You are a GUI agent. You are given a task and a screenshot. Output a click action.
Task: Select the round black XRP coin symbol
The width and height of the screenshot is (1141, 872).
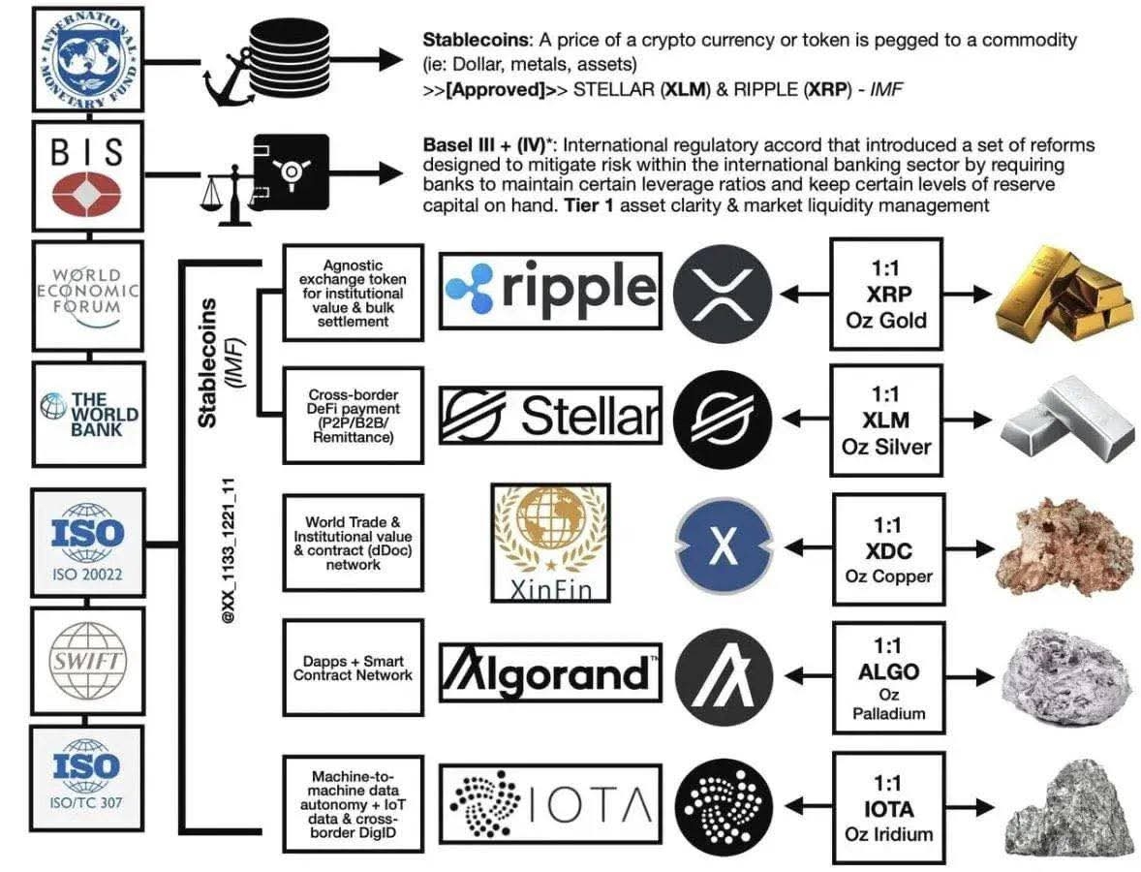click(x=723, y=292)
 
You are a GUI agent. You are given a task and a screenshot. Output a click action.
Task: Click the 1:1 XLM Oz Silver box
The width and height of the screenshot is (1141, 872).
click(x=886, y=420)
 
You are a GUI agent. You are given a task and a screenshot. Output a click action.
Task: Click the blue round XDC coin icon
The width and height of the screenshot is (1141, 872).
click(x=723, y=546)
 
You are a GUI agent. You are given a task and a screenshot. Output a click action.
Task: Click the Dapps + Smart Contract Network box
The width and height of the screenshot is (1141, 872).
click(x=353, y=669)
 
